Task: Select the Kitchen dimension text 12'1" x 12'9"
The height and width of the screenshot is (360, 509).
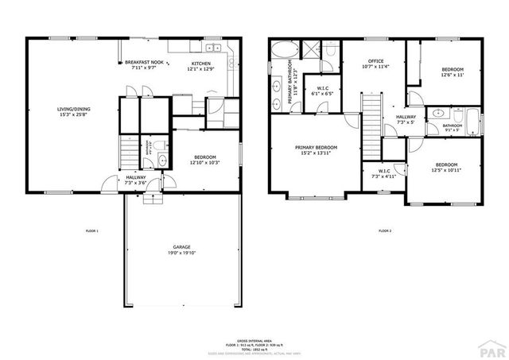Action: point(201,69)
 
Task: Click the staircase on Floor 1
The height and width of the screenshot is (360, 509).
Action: point(128,149)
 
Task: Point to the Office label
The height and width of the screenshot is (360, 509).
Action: point(376,62)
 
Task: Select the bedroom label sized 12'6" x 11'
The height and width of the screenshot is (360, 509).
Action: point(453,71)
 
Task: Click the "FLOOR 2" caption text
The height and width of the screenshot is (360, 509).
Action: point(385,230)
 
